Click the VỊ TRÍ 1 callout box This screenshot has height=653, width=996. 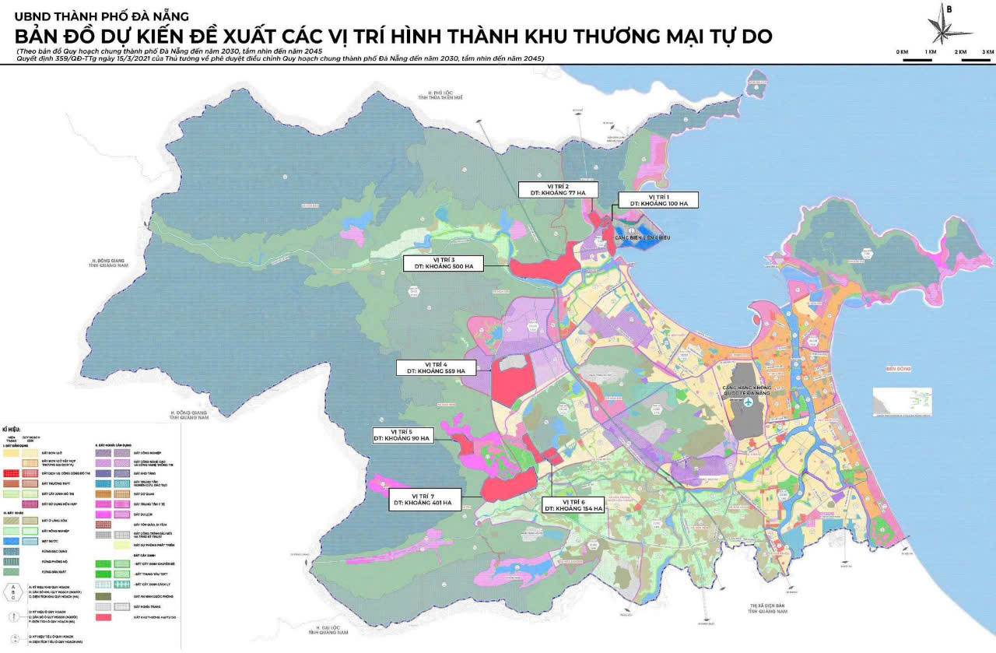pos(658,200)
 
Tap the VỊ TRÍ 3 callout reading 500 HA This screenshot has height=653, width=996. pos(444,262)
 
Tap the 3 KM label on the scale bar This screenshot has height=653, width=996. pos(987,51)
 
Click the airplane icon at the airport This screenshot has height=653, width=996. pos(748,402)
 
